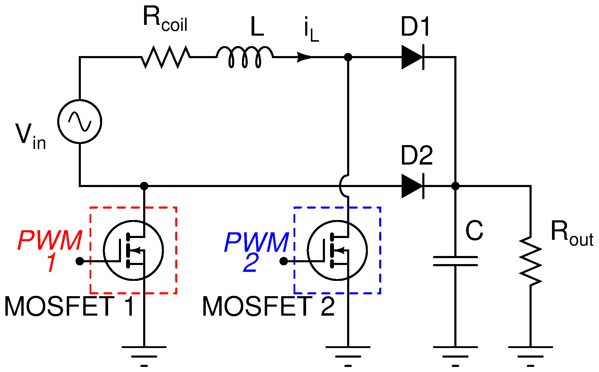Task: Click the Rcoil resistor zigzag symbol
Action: [165, 57]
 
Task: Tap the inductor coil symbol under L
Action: [245, 56]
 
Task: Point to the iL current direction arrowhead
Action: [304, 57]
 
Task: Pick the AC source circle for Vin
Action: [80, 121]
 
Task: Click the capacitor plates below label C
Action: [455, 261]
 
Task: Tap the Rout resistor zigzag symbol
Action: [530, 261]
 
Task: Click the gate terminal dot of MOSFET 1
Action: [80, 261]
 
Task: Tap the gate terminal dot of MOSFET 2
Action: [283, 261]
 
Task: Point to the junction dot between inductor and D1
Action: [348, 57]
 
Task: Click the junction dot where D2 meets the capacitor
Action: [455, 186]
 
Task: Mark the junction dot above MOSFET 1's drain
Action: [144, 186]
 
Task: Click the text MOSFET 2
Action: [268, 306]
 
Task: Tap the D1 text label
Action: [415, 27]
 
